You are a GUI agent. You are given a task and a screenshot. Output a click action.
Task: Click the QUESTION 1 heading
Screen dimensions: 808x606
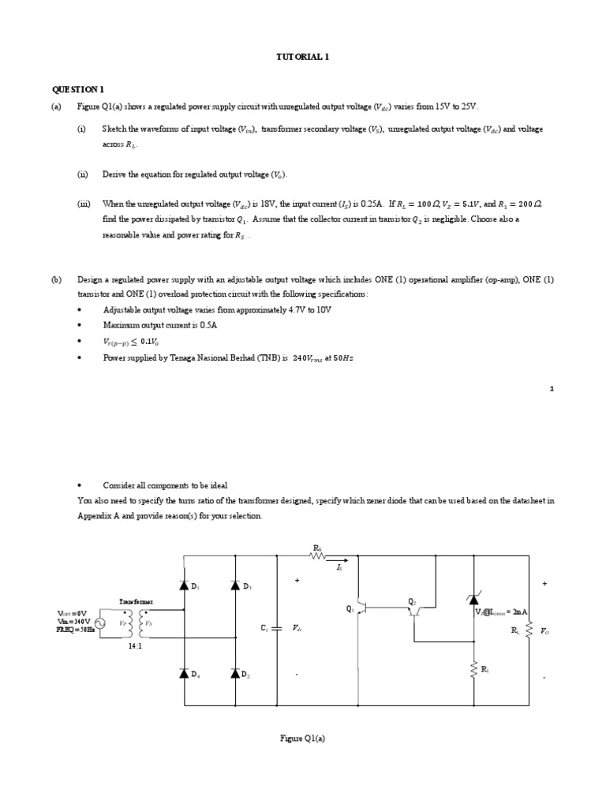[x=77, y=90]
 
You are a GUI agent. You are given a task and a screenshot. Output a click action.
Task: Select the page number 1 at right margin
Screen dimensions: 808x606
[x=552, y=388]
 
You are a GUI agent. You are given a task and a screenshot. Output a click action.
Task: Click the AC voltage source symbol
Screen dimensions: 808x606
[x=100, y=623]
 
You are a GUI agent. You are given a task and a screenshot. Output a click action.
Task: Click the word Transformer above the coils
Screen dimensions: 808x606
[x=136, y=600]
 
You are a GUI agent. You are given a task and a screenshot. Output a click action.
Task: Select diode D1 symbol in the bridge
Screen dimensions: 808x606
[x=184, y=585]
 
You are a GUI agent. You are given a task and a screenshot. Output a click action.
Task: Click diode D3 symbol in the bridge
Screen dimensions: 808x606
[x=235, y=585]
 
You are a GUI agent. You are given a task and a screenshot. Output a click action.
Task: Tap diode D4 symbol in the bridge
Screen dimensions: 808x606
[x=184, y=673]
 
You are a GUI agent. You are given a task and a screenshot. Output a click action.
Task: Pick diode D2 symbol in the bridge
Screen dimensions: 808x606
[x=235, y=673]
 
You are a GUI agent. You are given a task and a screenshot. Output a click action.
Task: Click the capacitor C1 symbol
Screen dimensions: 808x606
[x=277, y=629]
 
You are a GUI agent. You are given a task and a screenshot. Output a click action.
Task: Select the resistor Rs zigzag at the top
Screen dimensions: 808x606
[x=318, y=555]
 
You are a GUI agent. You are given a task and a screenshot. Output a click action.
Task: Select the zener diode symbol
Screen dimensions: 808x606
[x=473, y=601]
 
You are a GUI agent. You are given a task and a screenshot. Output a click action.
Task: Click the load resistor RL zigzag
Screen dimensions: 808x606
[x=529, y=630]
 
